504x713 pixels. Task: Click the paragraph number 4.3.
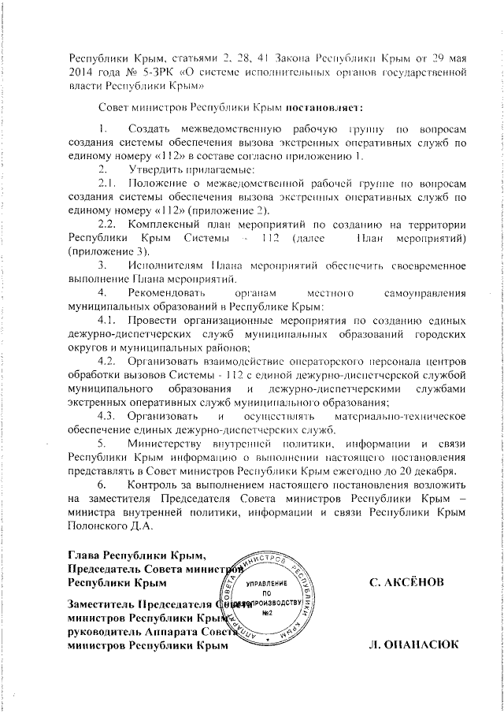[x=106, y=415]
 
